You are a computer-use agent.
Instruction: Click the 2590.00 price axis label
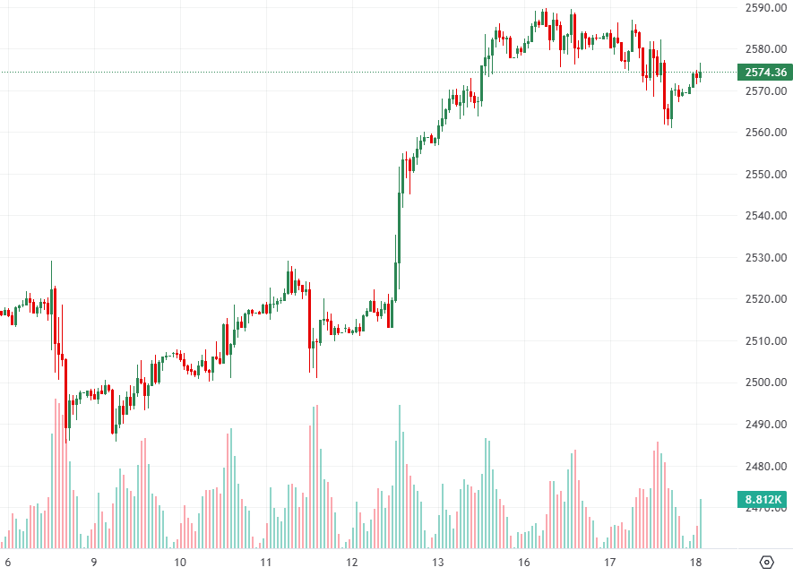pyautogui.click(x=765, y=8)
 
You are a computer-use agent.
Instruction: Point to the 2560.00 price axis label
pyautogui.click(x=765, y=133)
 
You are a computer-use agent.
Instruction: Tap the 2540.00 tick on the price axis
pyautogui.click(x=765, y=216)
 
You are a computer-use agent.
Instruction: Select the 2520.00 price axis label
pyautogui.click(x=765, y=299)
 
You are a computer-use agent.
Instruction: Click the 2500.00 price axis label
pyautogui.click(x=765, y=383)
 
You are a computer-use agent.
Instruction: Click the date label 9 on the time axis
pyautogui.click(x=94, y=563)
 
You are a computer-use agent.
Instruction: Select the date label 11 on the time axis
pyautogui.click(x=266, y=563)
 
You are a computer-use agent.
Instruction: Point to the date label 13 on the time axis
pyautogui.click(x=438, y=563)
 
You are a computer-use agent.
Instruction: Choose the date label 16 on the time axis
pyautogui.click(x=524, y=563)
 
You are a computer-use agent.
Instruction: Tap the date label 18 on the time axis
pyautogui.click(x=696, y=563)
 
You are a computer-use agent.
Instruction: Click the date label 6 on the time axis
pyautogui.click(x=8, y=563)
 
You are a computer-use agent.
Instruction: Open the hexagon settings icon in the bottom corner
pyautogui.click(x=766, y=563)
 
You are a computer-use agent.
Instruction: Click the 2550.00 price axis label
pyautogui.click(x=765, y=175)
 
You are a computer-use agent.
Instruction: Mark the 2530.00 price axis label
pyautogui.click(x=765, y=258)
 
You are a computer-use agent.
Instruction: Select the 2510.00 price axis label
pyautogui.click(x=765, y=341)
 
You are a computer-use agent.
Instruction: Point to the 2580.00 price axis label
pyautogui.click(x=765, y=49)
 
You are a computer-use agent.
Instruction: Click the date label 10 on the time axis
pyautogui.click(x=180, y=563)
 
